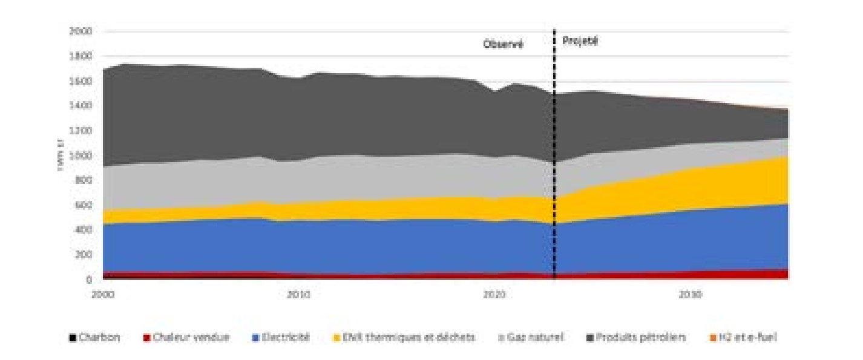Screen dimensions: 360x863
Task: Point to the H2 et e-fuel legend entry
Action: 749,338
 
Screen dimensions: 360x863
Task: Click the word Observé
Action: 502,44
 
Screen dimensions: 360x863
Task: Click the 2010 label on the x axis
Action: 298,295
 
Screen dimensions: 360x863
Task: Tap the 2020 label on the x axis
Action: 494,295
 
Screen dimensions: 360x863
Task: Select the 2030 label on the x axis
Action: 691,295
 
